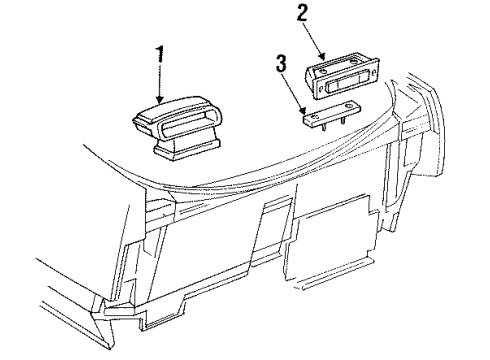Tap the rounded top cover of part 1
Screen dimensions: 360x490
[165, 112]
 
